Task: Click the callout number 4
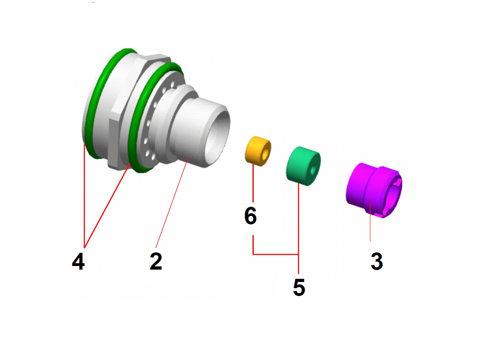coord(78,261)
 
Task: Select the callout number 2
coord(156,261)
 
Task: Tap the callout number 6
coord(250,216)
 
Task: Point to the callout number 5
coord(299,287)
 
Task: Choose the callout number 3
coord(377,261)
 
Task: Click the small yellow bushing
coord(258,151)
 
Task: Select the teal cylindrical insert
coord(303,166)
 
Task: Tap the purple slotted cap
coord(374,190)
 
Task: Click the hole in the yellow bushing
coord(265,155)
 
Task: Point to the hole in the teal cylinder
coord(312,170)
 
